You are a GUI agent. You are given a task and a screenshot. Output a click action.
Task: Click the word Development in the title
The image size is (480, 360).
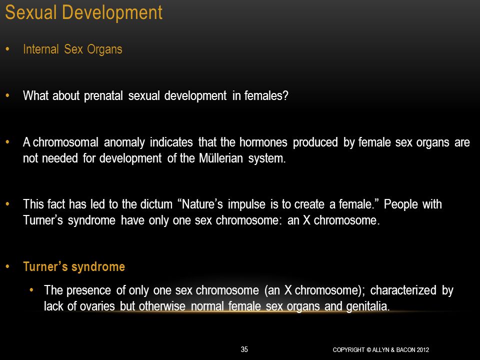(112, 13)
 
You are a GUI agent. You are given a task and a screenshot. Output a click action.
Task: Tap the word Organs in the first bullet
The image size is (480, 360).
(104, 49)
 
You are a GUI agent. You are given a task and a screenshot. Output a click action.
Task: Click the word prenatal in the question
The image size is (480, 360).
(103, 96)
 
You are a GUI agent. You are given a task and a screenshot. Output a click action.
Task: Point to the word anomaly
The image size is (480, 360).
(124, 142)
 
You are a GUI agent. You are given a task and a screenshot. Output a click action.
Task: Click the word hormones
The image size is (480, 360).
(263, 142)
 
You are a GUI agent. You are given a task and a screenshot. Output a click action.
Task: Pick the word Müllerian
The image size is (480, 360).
(220, 158)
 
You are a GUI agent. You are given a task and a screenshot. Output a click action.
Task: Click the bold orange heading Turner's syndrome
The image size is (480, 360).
(74, 267)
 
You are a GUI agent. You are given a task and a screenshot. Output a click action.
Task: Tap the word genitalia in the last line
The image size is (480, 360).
(368, 306)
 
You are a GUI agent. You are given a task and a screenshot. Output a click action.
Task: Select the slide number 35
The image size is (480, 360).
(244, 349)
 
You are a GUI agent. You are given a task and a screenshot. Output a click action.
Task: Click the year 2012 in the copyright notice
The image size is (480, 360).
(423, 349)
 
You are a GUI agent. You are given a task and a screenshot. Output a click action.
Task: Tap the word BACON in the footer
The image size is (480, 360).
(405, 349)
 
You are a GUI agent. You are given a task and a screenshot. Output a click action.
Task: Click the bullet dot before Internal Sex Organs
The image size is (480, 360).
(7, 49)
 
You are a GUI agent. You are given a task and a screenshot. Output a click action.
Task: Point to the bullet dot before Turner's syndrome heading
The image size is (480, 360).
(7, 266)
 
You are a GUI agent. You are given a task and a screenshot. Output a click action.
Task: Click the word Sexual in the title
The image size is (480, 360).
(31, 13)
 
